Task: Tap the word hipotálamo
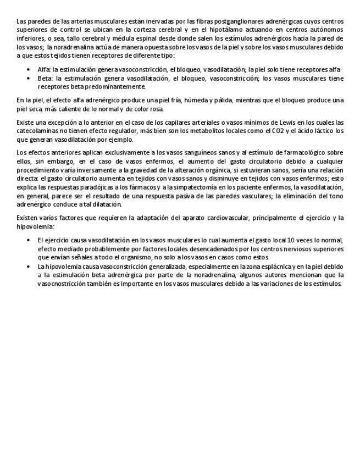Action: click(231, 29)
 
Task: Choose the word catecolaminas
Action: click(37, 131)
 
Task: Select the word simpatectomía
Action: click(183, 188)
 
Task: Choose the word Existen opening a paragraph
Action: click(26, 218)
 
